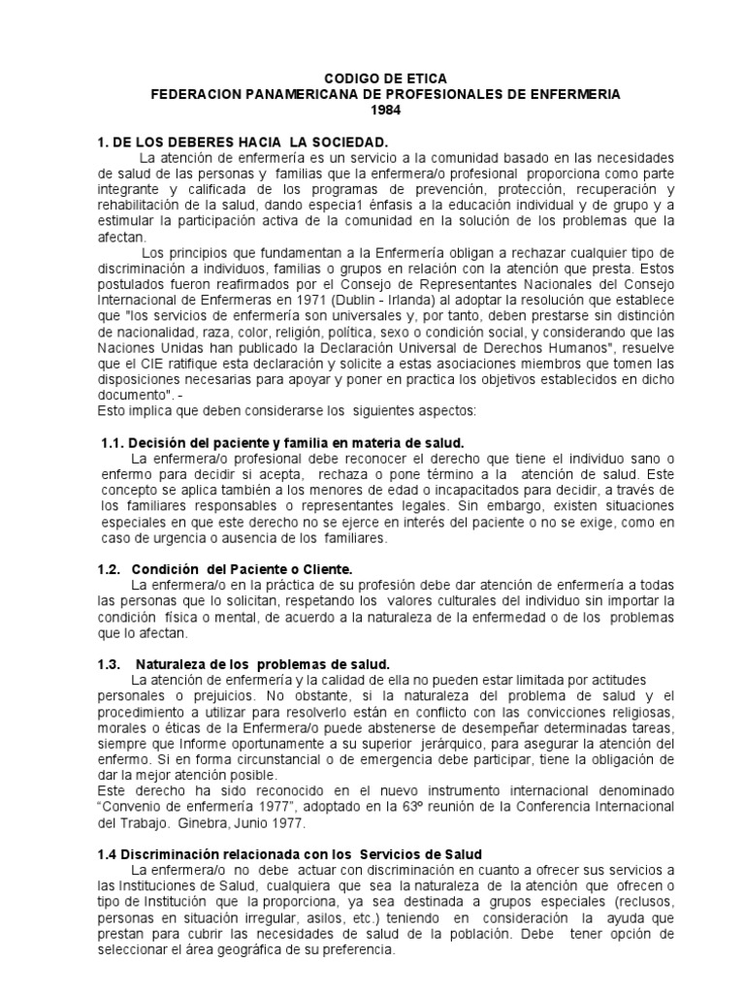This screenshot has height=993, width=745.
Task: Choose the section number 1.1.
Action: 113,442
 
